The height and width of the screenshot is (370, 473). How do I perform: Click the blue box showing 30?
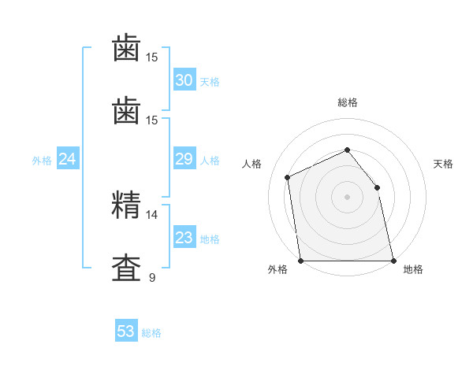point(184,80)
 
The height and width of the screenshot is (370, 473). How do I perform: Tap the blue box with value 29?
point(184,159)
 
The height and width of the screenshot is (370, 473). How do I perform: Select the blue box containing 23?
point(184,238)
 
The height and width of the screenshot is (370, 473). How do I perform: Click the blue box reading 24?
point(68,159)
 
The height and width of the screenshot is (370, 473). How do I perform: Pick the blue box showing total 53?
point(126,331)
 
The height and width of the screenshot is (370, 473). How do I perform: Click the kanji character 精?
point(126,205)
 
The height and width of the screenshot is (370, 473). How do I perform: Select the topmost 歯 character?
point(126,49)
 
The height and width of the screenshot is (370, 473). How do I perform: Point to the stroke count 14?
point(151,214)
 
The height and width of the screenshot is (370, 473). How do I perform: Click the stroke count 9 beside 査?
point(151,277)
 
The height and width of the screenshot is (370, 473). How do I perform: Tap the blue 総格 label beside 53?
point(151,333)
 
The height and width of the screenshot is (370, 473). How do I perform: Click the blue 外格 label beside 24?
point(42,161)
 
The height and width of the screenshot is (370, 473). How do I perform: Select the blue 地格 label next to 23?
point(210,239)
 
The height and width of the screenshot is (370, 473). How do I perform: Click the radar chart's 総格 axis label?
point(347,102)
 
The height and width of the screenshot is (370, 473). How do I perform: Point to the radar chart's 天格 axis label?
point(443,164)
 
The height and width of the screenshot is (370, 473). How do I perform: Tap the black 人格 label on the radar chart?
point(251,164)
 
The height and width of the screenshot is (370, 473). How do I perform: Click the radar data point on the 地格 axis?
point(393,261)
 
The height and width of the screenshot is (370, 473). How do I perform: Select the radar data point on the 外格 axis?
point(300,261)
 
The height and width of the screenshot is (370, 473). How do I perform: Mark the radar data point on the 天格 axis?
point(377,187)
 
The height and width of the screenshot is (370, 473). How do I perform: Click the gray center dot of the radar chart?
point(347,197)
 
